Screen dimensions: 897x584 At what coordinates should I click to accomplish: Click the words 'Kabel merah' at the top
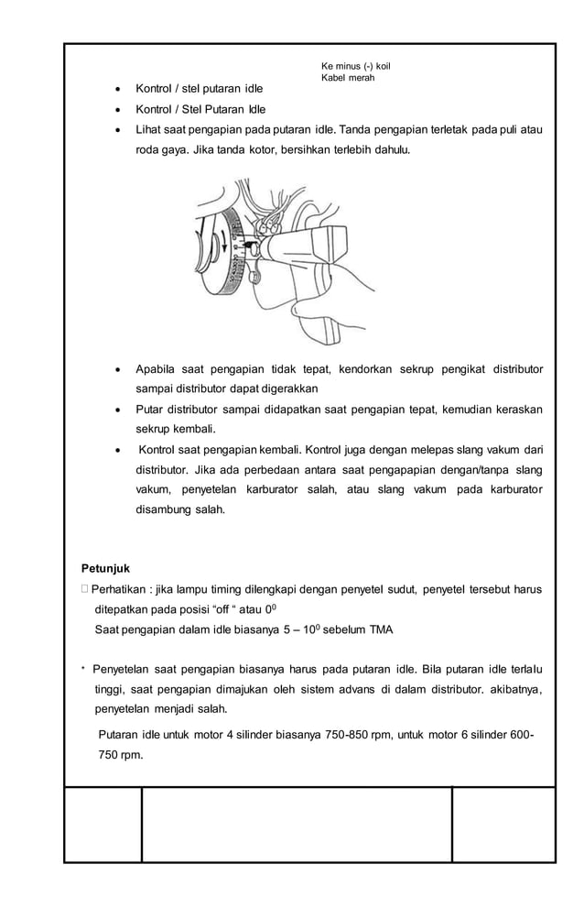pyautogui.click(x=348, y=77)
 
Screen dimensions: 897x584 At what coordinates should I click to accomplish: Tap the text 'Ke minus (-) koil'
pyautogui.click(x=356, y=65)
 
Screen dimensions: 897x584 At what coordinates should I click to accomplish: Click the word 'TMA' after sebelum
pyautogui.click(x=381, y=629)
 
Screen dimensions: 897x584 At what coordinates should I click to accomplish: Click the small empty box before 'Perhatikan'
pyautogui.click(x=84, y=588)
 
